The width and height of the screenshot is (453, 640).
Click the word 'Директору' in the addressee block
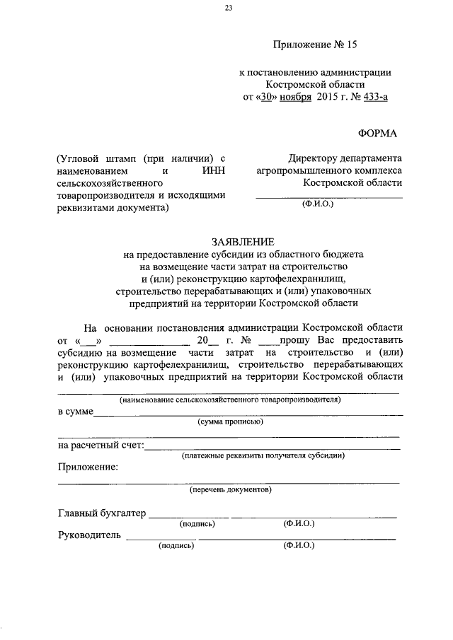314,158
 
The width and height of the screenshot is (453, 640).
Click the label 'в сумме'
75,412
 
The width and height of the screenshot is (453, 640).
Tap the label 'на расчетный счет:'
101,446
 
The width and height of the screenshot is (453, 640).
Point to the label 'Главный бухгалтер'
101,513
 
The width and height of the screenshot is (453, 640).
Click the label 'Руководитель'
89,536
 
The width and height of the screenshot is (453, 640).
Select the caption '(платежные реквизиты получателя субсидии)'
263,455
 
